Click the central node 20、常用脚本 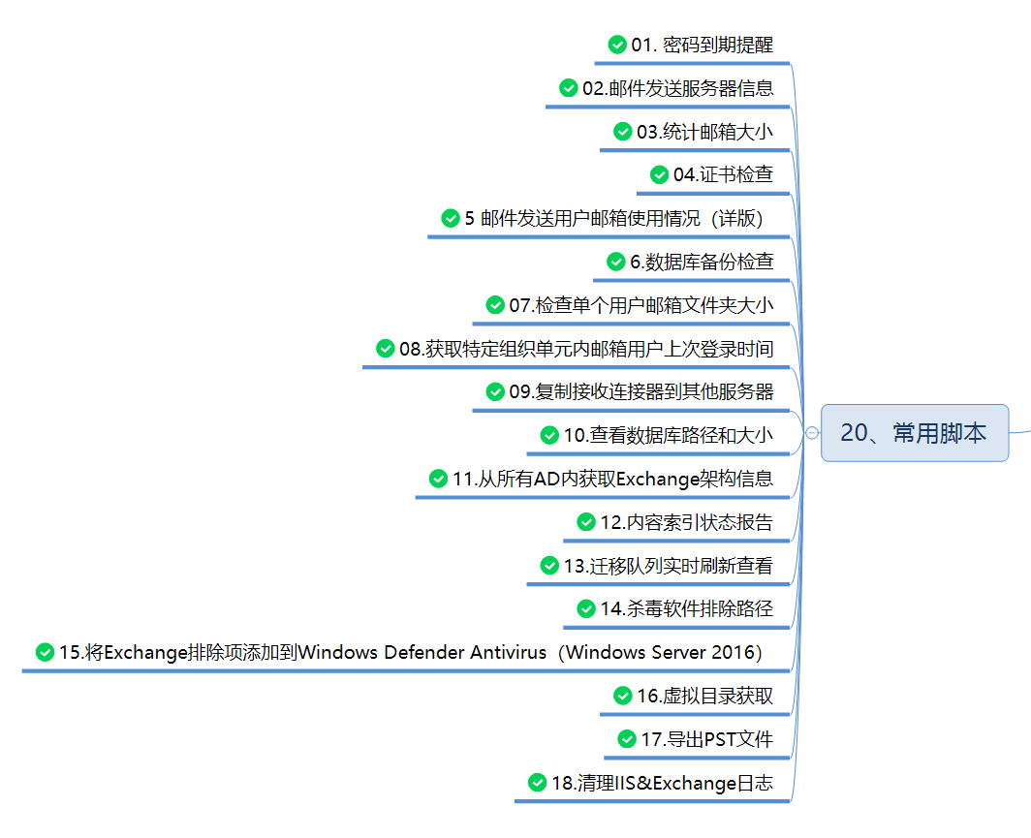coord(914,433)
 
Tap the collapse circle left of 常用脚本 coord(811,434)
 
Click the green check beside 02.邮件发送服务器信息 coord(569,88)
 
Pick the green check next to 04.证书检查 coord(659,174)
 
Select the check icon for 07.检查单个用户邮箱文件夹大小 coord(495,305)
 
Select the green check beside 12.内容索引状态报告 coord(586,522)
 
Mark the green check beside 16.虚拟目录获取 coord(622,696)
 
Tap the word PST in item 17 coord(705,739)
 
